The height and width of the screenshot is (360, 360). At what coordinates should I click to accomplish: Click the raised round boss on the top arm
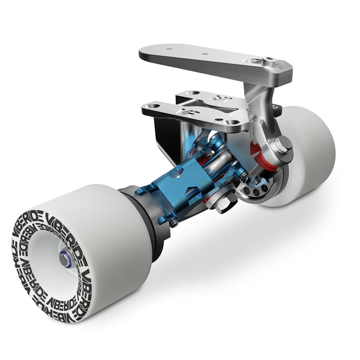tap(268, 61)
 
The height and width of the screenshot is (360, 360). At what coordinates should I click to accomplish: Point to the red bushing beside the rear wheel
tap(260, 157)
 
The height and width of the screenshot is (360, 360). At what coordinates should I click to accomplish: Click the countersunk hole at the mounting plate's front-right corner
tap(233, 123)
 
